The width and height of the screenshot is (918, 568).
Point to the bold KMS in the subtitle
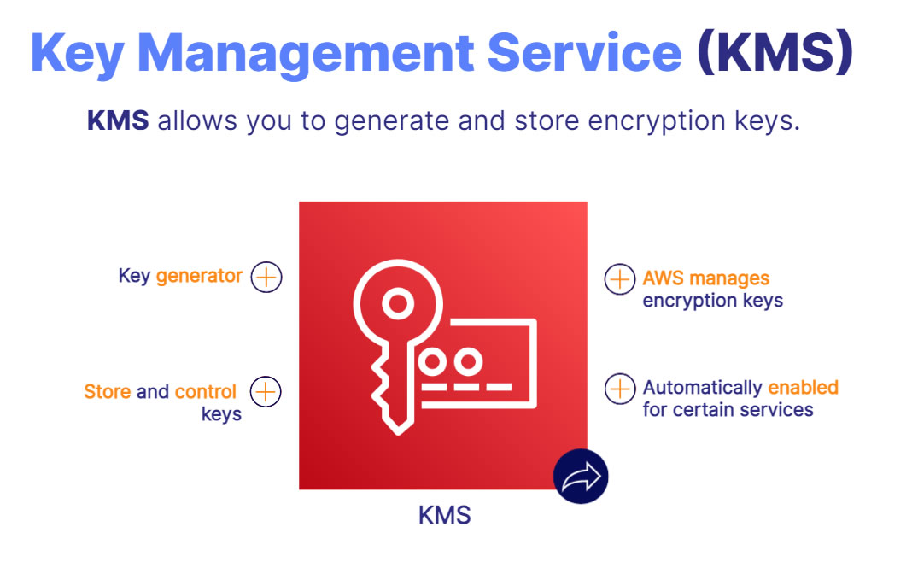coord(118,121)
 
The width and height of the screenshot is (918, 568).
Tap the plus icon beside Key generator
coord(266,277)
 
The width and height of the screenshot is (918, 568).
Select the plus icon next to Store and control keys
coord(266,391)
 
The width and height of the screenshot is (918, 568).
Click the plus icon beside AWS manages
coord(620,278)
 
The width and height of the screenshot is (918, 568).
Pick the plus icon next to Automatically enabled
coord(620,388)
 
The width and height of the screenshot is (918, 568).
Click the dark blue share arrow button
coord(581,476)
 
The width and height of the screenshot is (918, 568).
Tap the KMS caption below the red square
coord(444,516)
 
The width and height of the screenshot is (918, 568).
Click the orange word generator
coord(199,277)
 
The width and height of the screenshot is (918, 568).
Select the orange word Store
coord(108,392)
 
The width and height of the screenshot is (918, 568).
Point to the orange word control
coord(206,392)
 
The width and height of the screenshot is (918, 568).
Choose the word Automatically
coord(703,388)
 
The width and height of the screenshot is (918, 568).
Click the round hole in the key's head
coord(395,302)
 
